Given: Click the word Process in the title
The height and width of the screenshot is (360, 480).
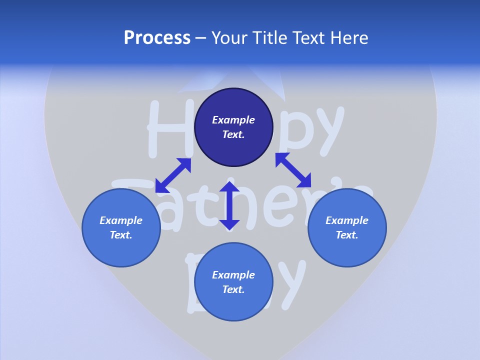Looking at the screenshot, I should click(x=157, y=38).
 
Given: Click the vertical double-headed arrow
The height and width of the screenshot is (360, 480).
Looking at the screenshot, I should click(x=229, y=206).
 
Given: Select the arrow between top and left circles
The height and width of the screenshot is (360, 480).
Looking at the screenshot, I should click(x=173, y=175).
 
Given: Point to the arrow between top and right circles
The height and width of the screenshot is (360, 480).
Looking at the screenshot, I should click(x=293, y=170).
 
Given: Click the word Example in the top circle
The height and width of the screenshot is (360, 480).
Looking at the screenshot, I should click(x=233, y=120).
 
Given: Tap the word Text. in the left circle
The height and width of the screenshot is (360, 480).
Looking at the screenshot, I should click(x=121, y=235).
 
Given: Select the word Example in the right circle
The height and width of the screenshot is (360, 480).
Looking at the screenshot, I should click(x=347, y=220).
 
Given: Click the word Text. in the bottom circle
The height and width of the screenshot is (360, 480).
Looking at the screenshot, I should click(x=233, y=289).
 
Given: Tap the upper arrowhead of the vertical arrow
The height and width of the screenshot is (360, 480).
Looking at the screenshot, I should click(x=229, y=188).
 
